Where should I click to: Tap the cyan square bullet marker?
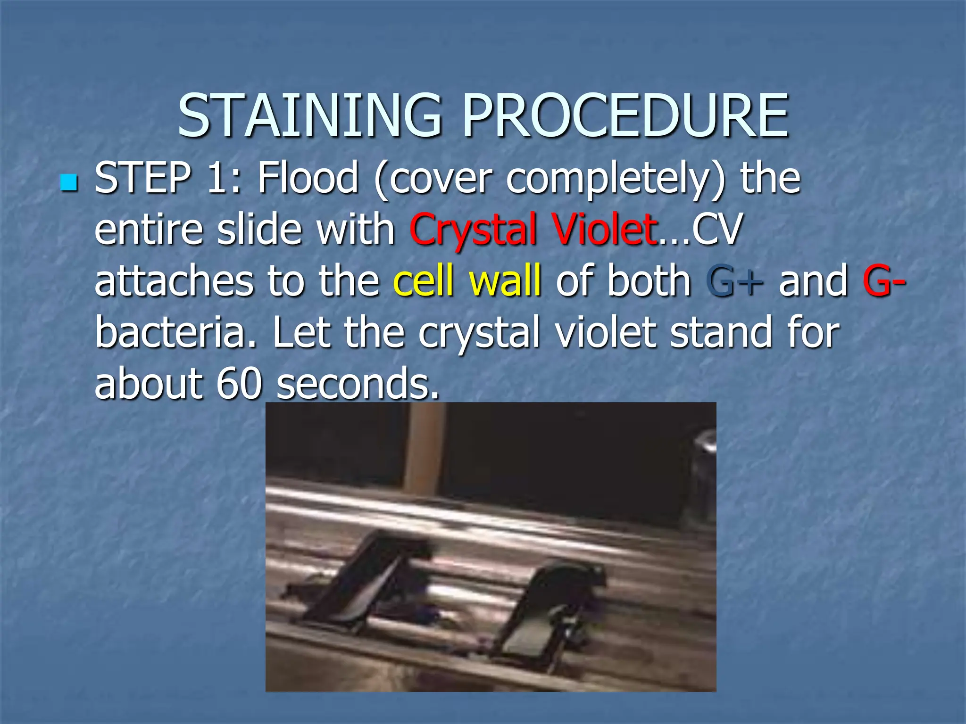[69, 182]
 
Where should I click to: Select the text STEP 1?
[168, 178]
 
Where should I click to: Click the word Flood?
[307, 178]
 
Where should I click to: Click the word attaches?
[173, 281]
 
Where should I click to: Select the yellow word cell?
[423, 281]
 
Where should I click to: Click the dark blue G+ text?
[734, 281]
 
